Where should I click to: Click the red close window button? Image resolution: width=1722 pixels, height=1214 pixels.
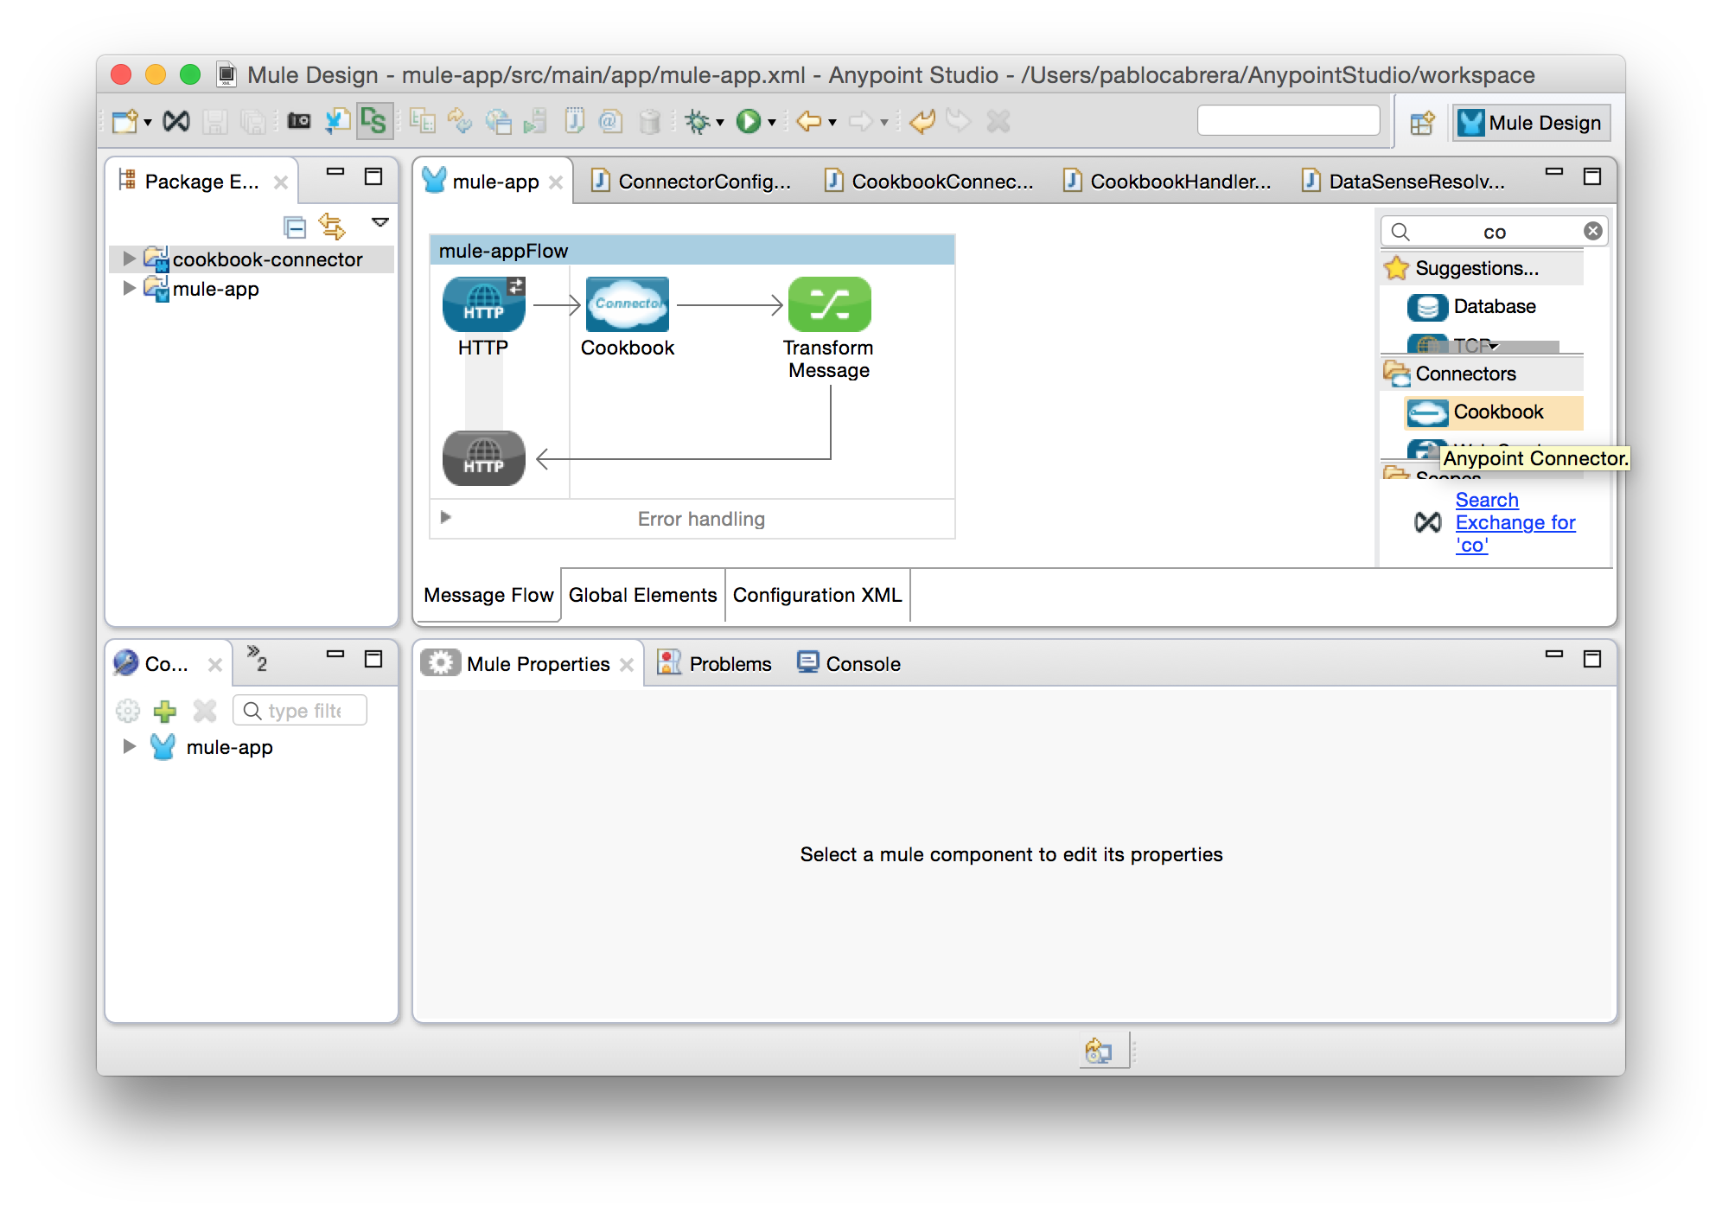[122, 75]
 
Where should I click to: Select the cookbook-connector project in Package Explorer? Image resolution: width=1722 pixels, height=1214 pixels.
[266, 259]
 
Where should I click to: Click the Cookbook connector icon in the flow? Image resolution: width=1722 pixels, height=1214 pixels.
[627, 304]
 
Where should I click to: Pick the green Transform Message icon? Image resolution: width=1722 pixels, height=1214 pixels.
[829, 304]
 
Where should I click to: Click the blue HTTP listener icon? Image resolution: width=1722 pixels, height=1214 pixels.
[483, 304]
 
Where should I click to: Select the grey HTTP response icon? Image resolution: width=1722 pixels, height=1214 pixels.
[483, 458]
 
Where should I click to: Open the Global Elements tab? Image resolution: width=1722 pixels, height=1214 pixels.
[642, 595]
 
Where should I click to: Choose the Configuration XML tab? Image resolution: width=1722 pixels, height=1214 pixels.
[817, 595]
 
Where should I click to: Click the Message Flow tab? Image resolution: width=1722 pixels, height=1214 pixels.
[488, 595]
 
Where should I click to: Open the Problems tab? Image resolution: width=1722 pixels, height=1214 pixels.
[729, 664]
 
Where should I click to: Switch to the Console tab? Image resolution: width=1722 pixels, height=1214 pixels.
[862, 664]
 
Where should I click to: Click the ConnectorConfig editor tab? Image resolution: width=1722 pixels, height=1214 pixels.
[704, 182]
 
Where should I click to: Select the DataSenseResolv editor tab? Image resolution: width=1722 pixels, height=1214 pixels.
[1416, 182]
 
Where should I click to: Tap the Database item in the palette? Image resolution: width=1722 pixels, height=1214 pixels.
[1494, 307]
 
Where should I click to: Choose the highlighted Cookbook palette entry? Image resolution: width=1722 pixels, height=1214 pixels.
[1497, 412]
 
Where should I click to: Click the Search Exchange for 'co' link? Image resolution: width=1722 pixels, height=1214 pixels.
[1515, 522]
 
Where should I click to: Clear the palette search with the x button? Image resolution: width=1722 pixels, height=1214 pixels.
[1592, 231]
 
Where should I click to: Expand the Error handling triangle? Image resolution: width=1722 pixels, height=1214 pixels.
[446, 517]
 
